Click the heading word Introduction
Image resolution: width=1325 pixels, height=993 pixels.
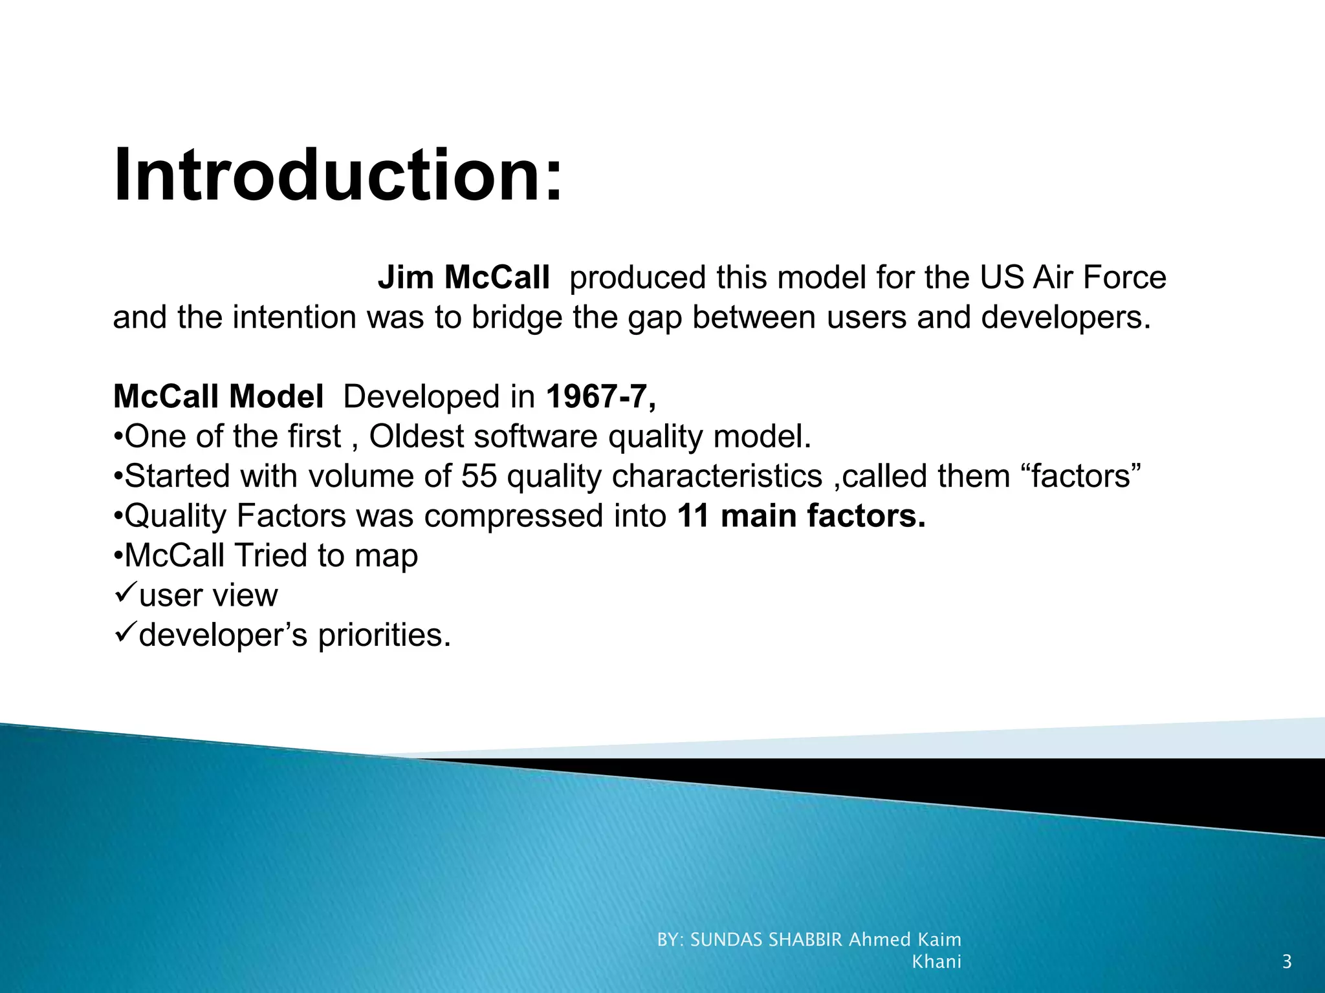338,176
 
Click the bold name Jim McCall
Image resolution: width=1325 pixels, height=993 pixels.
463,277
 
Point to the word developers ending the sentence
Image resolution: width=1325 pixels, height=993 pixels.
1065,317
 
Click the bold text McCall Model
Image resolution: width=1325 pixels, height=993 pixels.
218,396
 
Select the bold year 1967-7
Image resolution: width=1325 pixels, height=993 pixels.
600,396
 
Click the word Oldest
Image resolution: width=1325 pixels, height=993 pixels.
420,436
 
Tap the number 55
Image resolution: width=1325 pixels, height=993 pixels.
479,476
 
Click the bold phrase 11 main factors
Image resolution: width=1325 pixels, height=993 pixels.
801,516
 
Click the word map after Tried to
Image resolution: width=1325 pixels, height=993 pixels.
386,556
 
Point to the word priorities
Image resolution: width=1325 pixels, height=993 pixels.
384,635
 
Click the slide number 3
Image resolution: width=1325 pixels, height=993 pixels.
1287,962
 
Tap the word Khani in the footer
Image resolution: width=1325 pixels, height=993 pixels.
936,962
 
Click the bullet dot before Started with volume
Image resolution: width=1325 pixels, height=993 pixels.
118,477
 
